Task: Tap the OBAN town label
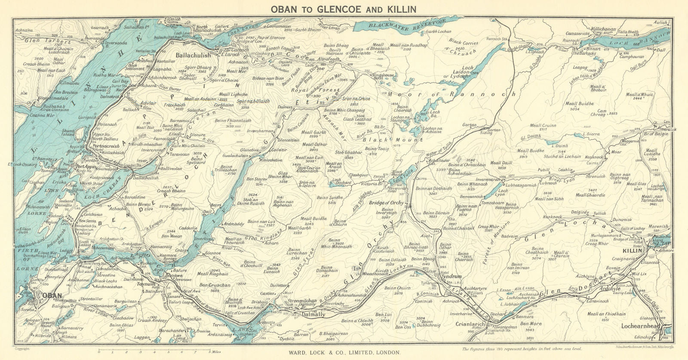(47, 295)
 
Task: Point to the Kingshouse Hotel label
(383, 77)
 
